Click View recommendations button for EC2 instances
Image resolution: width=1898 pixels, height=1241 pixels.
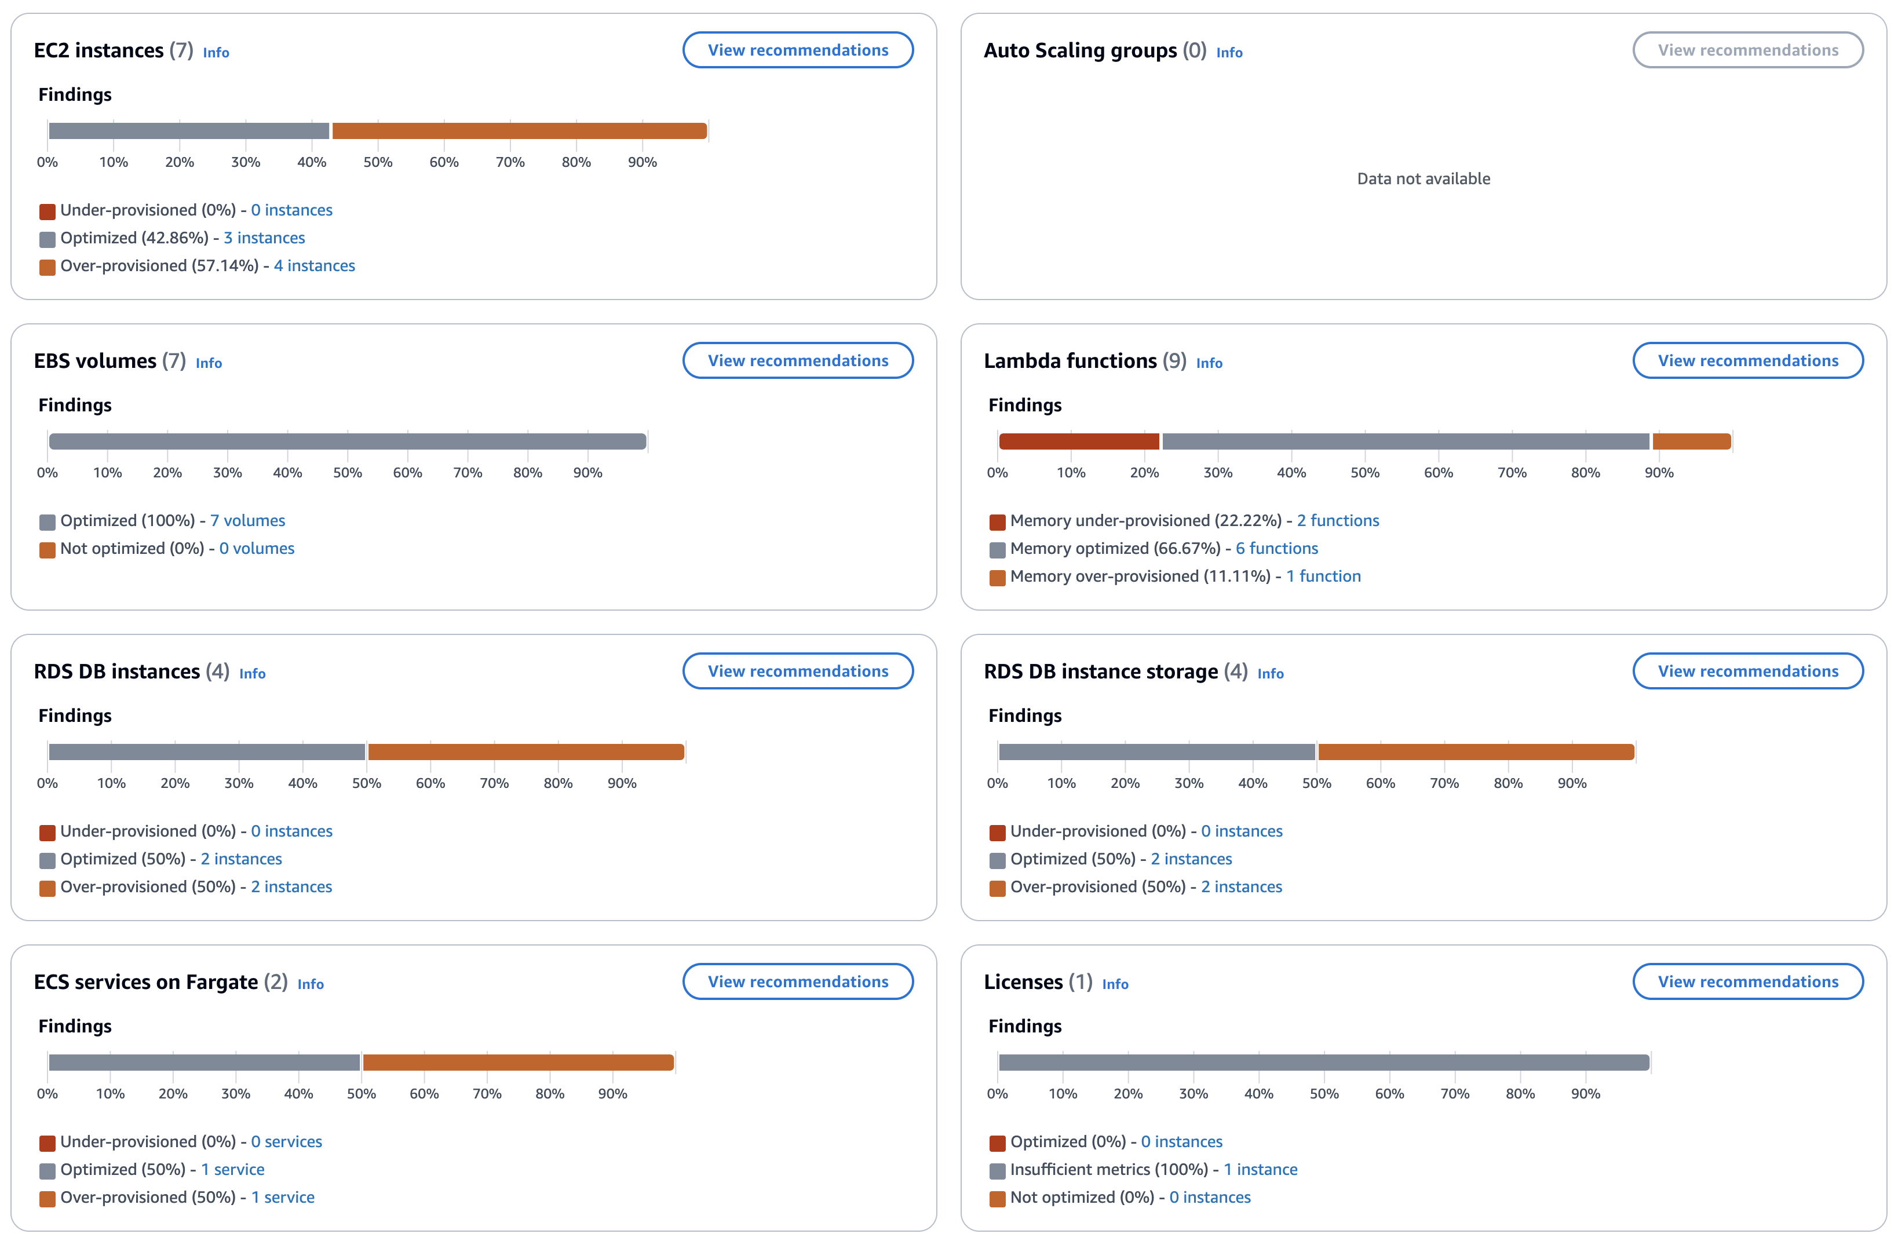[x=797, y=50]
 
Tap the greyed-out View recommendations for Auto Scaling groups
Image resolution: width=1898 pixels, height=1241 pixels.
[x=1747, y=50]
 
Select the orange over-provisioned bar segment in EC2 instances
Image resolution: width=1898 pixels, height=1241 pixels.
[x=519, y=131]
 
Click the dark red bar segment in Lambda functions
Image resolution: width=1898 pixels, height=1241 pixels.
[x=1078, y=441]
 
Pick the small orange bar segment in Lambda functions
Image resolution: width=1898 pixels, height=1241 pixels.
[x=1691, y=441]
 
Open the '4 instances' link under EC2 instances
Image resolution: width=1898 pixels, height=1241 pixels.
[x=314, y=265]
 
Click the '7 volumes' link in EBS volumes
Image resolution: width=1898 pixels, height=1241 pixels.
[x=247, y=521]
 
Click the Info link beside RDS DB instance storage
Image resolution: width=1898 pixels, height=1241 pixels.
[x=1271, y=674]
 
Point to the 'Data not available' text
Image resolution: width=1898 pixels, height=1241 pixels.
[x=1424, y=178]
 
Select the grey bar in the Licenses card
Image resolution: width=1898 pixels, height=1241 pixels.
[x=1324, y=1063]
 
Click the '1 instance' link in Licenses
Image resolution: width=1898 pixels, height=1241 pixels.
[x=1260, y=1170]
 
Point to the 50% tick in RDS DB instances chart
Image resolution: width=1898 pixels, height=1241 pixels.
[x=367, y=783]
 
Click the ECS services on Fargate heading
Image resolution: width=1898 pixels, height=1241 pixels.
[x=146, y=982]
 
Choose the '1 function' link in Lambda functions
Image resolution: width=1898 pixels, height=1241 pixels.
[x=1323, y=576]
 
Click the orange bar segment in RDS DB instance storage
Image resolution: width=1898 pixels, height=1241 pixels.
[x=1476, y=751]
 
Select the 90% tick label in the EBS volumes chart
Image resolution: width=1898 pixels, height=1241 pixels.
[x=587, y=473]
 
